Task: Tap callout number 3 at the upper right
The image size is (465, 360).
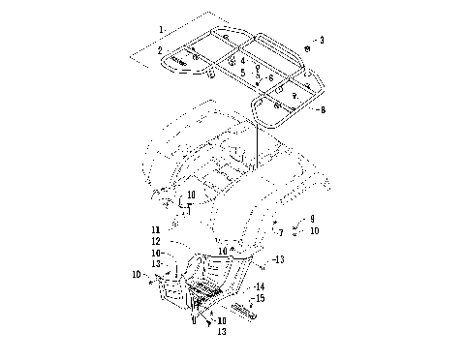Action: point(322,40)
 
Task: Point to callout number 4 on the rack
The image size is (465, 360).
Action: point(243,60)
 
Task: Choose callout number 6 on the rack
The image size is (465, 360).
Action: point(271,77)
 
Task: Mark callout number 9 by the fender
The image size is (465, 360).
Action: point(312,220)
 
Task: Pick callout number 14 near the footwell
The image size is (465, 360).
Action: point(261,287)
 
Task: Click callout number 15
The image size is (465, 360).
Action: point(261,299)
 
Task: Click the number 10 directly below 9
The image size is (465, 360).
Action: point(315,231)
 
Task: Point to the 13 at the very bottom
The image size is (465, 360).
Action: point(222,332)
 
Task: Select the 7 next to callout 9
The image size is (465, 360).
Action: point(280,233)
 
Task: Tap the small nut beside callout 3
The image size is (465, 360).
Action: point(306,47)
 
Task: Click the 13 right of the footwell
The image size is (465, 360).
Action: point(279,259)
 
